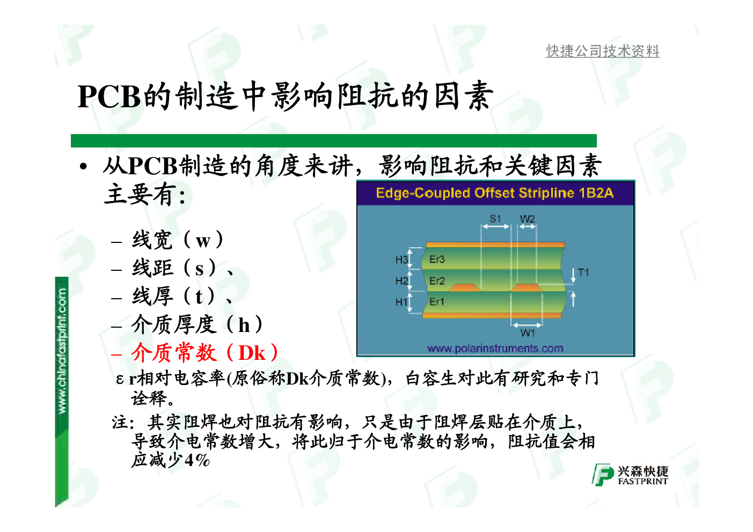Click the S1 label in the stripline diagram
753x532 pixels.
(495, 219)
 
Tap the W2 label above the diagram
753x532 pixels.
(527, 219)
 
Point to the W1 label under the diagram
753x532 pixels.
(527, 333)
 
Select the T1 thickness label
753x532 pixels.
(583, 272)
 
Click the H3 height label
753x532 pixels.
(401, 260)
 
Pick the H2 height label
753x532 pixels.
(401, 281)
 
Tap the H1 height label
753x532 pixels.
(401, 302)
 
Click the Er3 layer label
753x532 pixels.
(437, 259)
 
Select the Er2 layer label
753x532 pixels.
(437, 281)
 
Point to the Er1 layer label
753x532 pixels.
(437, 301)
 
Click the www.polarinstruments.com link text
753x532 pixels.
(495, 348)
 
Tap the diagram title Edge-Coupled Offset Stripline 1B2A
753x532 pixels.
(495, 193)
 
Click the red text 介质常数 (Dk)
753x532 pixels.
(204, 353)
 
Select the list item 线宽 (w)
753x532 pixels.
(177, 240)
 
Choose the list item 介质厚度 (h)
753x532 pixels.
(196, 324)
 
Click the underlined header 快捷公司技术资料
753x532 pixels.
(602, 51)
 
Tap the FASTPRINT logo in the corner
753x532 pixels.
(630, 475)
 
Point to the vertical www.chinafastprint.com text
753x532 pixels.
(62, 351)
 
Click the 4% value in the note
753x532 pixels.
(197, 461)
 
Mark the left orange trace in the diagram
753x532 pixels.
(464, 287)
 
